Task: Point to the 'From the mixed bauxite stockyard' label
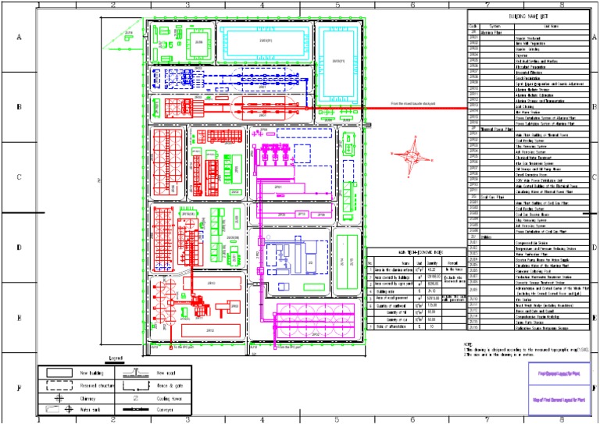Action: (418, 103)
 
